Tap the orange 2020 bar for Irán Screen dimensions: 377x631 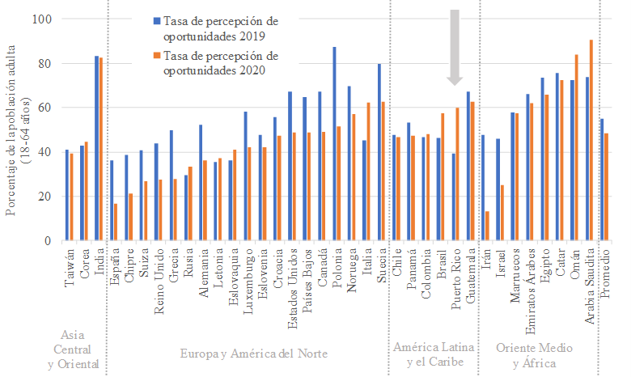click(487, 226)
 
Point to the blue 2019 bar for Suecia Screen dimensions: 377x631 click(379, 152)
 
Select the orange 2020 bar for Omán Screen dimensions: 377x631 click(576, 147)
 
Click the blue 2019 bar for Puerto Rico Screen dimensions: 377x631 click(453, 197)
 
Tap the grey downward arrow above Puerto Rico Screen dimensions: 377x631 click(455, 44)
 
